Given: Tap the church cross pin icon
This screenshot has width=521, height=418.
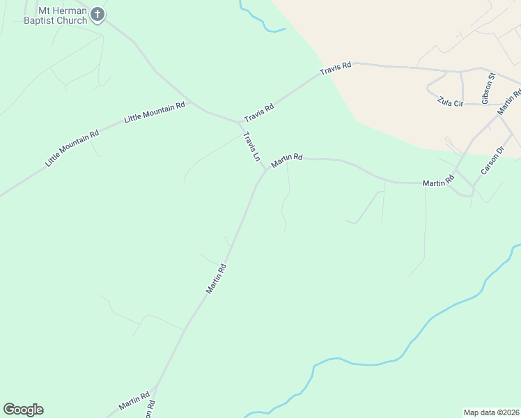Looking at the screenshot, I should (x=98, y=15).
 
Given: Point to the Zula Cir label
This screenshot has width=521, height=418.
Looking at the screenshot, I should (x=449, y=100).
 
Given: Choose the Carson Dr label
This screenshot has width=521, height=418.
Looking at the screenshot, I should (x=491, y=162).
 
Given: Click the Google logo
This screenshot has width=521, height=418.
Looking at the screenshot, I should (x=23, y=410).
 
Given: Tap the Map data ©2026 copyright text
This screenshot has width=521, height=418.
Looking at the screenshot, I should (x=491, y=412).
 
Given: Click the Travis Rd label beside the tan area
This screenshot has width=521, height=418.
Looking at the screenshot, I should (x=336, y=70).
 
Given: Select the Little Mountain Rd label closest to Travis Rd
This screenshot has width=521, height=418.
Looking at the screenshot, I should (x=155, y=112).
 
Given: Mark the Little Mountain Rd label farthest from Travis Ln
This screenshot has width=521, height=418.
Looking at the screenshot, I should (x=72, y=147).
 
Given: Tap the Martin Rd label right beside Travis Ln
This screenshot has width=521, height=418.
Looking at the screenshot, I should (x=287, y=160).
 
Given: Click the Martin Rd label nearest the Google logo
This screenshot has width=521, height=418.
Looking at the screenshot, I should (x=134, y=401).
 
